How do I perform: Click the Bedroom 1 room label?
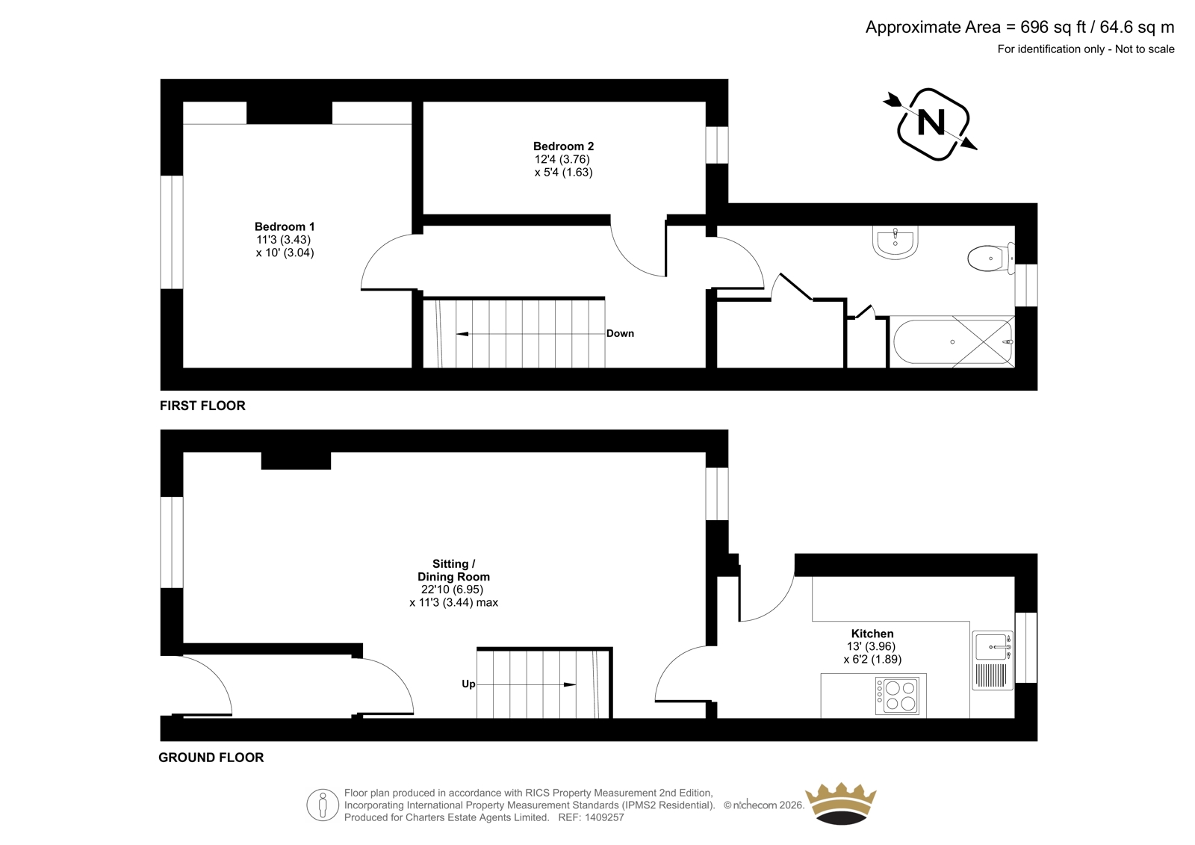285,227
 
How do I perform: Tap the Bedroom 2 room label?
563,146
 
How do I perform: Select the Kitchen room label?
872,634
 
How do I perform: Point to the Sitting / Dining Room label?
453,570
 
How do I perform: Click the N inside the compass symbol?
931,123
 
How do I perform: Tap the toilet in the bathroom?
991,259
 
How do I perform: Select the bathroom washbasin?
896,242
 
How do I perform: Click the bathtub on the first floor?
953,341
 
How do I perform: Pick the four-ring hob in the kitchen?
897,696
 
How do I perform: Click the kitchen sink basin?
993,647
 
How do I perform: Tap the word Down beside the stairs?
620,334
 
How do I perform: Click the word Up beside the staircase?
468,684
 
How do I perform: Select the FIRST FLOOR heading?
202,406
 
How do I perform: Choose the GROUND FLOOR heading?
211,758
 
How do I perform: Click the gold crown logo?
841,803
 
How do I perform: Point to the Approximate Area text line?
1019,27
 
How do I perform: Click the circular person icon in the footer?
323,805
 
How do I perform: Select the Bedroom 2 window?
717,145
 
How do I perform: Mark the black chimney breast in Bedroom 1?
289,113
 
